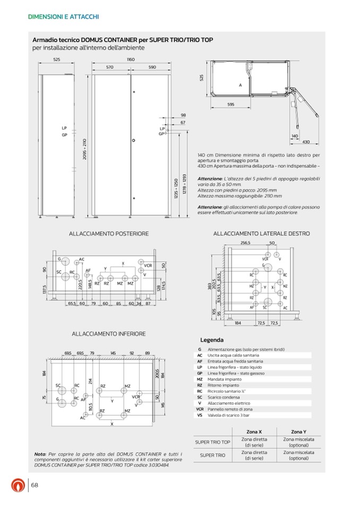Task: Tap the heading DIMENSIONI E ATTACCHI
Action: (x=63, y=17)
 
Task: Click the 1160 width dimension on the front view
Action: (x=130, y=61)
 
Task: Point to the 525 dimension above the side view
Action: (x=56, y=61)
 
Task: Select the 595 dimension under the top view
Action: (x=231, y=105)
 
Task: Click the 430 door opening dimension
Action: (x=306, y=142)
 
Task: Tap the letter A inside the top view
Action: (x=240, y=85)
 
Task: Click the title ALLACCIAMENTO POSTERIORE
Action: (x=109, y=234)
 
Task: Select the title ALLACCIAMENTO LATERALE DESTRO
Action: (x=261, y=234)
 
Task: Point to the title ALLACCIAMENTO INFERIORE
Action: (x=109, y=334)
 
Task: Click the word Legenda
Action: (x=212, y=340)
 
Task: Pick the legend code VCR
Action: (x=200, y=410)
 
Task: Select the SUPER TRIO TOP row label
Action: (x=212, y=442)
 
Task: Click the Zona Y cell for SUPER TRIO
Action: (x=299, y=455)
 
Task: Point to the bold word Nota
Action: (x=39, y=455)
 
